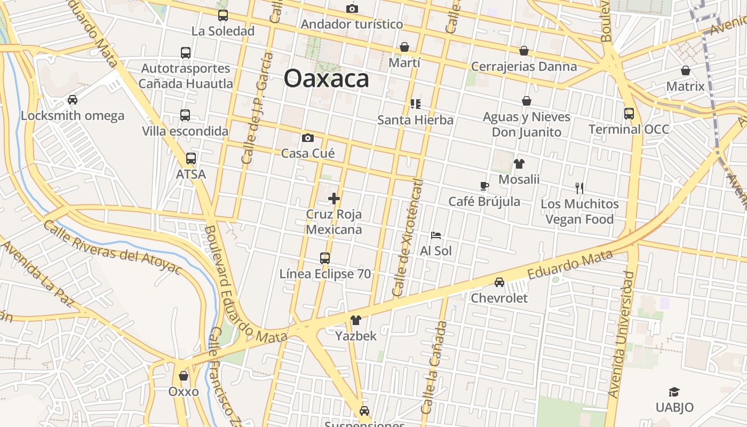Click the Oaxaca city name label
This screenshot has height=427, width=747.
pos(326,78)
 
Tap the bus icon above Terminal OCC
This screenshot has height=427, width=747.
pos(629,114)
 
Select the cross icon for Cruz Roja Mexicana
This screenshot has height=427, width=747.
pos(334,199)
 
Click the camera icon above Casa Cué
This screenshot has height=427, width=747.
pos(308,138)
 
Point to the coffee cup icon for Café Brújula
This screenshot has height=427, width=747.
pos(484,186)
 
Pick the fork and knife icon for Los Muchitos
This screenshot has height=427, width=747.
pos(579,188)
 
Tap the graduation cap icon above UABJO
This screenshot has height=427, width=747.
pos(674,392)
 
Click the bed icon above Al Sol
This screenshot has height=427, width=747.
pos(436,235)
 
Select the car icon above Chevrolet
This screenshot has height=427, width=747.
pos(499,282)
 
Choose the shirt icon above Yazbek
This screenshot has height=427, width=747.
pos(356,320)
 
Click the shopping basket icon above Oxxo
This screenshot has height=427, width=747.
pos(184,376)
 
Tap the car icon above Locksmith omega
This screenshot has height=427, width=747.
pos(72,100)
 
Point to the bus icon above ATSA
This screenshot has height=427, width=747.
pos(191,159)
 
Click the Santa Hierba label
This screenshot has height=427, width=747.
pos(415,120)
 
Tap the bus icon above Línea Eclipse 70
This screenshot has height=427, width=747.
pos(325,258)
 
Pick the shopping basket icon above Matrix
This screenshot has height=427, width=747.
pos(686,70)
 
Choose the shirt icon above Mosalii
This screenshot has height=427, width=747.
pos(519,164)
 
